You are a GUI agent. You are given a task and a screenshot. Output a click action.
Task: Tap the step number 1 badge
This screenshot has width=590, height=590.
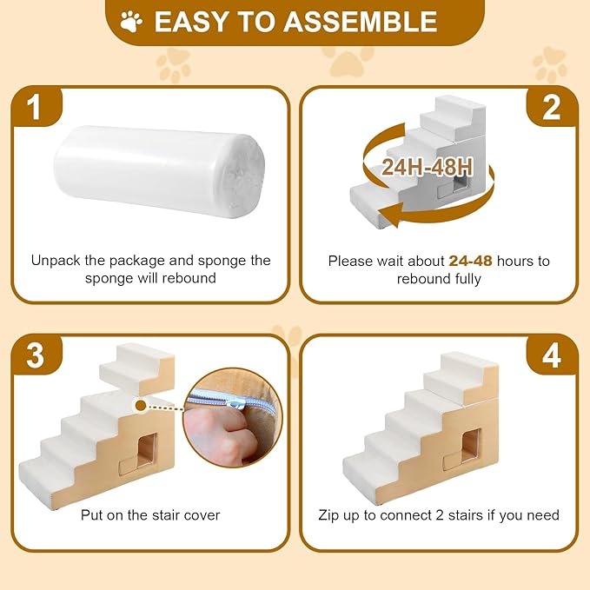(34, 109)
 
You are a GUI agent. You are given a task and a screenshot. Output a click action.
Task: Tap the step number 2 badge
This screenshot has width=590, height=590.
(552, 109)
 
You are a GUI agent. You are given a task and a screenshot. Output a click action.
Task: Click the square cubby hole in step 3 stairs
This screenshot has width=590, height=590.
(145, 449)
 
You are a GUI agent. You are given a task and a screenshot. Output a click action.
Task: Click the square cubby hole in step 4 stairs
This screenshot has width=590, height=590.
(471, 446)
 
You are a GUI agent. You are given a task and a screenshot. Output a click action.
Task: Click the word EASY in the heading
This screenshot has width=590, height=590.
(189, 21)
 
